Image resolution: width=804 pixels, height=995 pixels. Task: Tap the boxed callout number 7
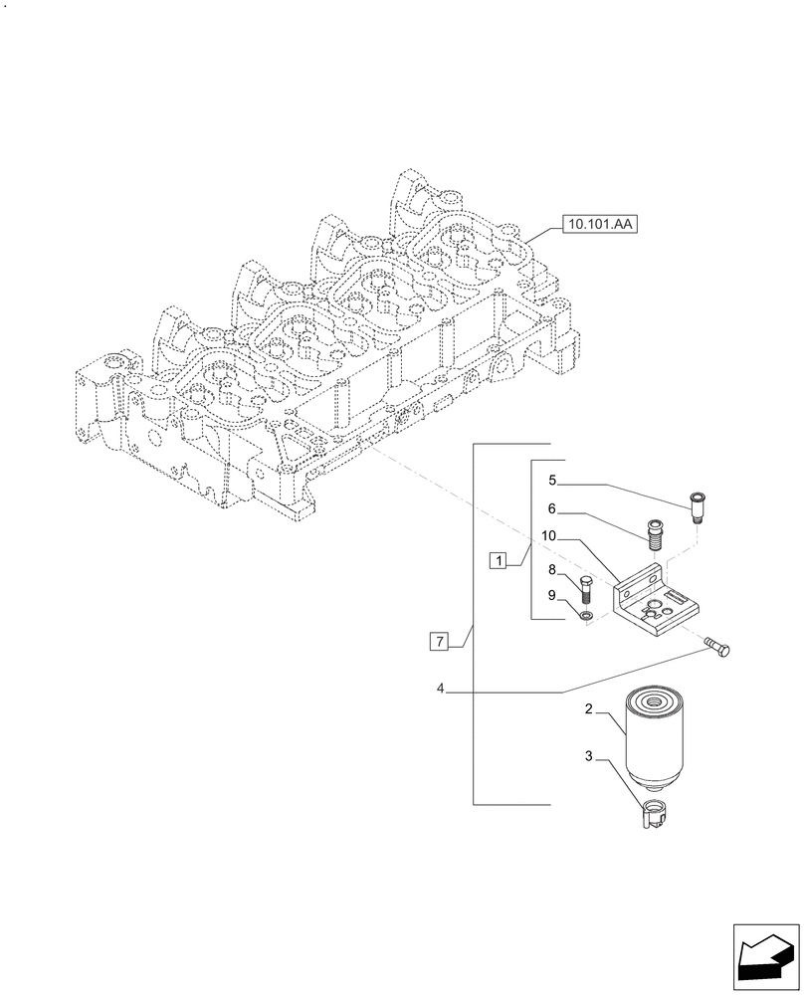pyautogui.click(x=439, y=640)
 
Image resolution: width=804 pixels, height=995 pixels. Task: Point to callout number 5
pyautogui.click(x=551, y=482)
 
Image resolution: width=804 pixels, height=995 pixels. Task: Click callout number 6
pyautogui.click(x=551, y=508)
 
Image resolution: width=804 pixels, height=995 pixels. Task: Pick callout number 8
pyautogui.click(x=550, y=570)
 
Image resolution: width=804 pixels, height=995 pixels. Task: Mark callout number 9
pyautogui.click(x=550, y=596)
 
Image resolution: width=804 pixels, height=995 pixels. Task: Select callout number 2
pyautogui.click(x=589, y=710)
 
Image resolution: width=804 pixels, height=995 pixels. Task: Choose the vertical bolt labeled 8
pyautogui.click(x=585, y=591)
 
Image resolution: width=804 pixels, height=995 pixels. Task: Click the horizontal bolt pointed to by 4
pyautogui.click(x=720, y=650)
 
